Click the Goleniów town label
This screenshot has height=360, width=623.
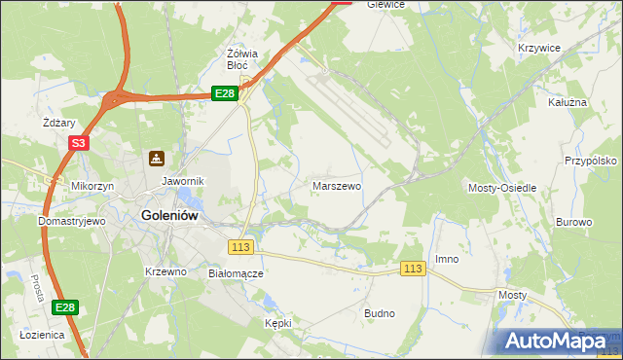[170, 217]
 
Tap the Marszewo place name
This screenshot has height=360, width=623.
[337, 185]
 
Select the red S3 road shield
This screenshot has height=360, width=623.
[79, 143]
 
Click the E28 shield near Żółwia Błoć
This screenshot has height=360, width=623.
[225, 93]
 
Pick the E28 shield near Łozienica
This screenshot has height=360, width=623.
[64, 307]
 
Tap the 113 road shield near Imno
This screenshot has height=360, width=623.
[414, 269]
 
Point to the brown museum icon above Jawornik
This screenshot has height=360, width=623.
[156, 159]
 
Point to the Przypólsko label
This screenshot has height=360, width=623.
[591, 162]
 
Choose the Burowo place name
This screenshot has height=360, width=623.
[573, 222]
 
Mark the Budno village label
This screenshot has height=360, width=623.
[379, 313]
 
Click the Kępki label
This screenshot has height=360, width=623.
[278, 322]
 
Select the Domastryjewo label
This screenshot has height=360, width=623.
[71, 221]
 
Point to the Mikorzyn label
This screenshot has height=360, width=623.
[92, 185]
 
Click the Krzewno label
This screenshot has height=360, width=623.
[165, 271]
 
